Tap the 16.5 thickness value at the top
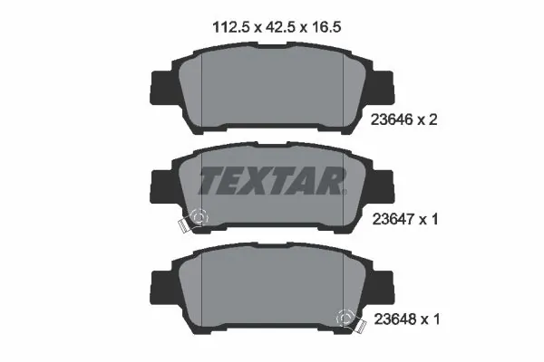click(324, 28)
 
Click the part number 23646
click(394, 119)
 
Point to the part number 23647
click(394, 218)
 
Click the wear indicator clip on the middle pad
click(195, 220)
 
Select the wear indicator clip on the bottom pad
click(345, 319)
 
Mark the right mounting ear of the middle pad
click(385, 186)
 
